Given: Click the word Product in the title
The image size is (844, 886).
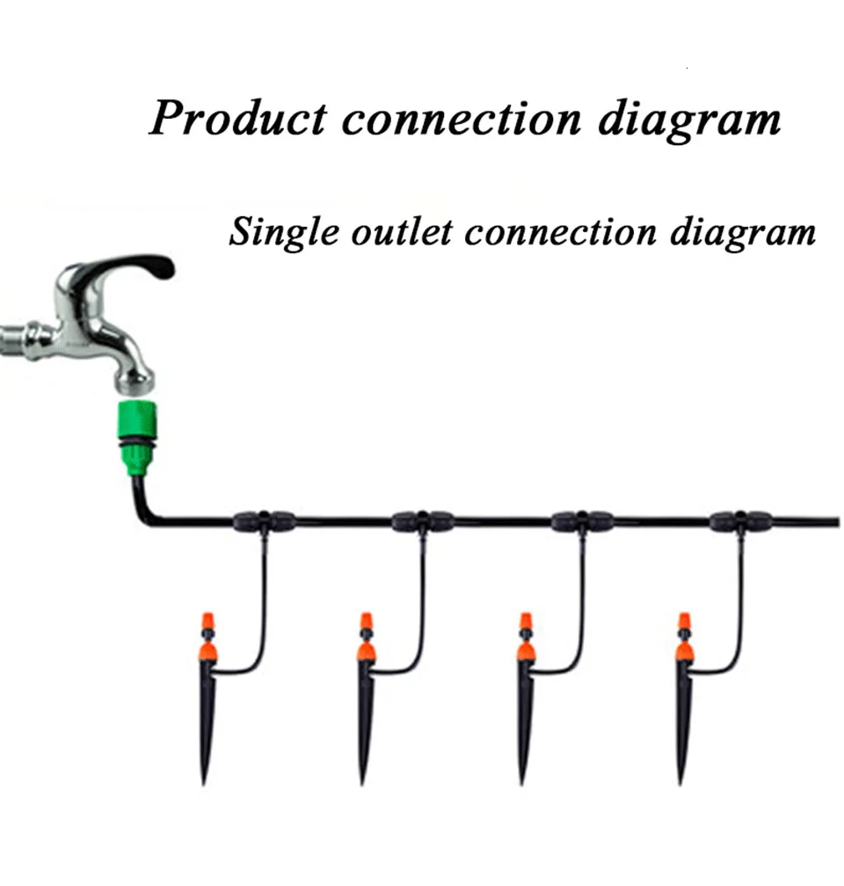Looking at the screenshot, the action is (x=237, y=118).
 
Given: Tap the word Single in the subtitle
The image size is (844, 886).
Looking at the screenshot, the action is (x=280, y=232).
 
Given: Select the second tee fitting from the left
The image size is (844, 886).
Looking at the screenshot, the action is (x=423, y=520).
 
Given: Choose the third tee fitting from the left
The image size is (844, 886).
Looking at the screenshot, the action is (x=582, y=520).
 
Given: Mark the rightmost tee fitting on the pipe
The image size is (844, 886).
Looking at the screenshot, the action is (x=740, y=520).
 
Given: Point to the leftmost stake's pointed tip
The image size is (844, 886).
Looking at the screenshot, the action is (x=204, y=777).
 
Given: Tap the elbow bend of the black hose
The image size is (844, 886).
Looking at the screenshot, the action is (x=143, y=516).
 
